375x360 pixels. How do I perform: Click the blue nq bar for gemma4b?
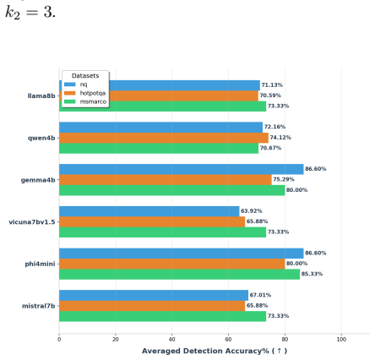click(x=182, y=169)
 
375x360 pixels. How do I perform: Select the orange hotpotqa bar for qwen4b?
click(x=164, y=138)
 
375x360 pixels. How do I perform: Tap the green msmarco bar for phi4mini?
click(x=180, y=274)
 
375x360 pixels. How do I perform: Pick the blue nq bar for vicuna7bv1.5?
click(x=149, y=211)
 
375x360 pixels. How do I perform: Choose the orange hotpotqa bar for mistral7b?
click(x=152, y=306)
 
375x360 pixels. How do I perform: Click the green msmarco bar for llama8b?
click(x=163, y=106)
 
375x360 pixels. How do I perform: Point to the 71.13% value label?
click(x=272, y=85)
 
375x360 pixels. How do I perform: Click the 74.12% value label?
click(x=280, y=138)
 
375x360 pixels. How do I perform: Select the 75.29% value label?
click(x=284, y=179)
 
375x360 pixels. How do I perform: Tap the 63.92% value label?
click(x=252, y=211)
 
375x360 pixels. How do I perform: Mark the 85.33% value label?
click(x=312, y=274)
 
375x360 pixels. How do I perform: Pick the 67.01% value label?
click(x=260, y=295)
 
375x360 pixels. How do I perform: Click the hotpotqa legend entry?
click(x=84, y=93)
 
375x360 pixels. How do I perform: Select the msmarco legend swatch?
click(x=70, y=101)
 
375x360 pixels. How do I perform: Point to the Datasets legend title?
click(x=85, y=76)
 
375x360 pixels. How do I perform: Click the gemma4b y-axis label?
click(x=38, y=180)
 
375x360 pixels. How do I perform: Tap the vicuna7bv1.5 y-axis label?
click(x=32, y=222)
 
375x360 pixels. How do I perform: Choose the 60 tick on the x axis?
click(x=228, y=340)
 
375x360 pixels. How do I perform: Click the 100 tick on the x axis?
click(x=341, y=340)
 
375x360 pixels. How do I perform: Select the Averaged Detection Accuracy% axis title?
click(x=215, y=351)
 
